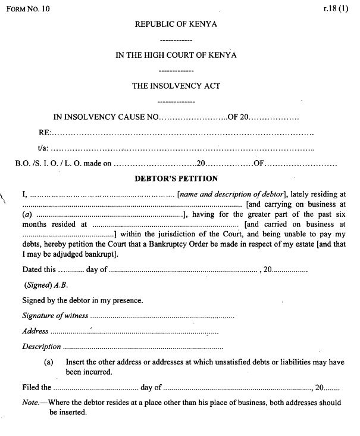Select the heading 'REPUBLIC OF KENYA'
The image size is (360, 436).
[x=176, y=24]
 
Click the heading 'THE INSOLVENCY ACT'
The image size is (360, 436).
[x=176, y=86]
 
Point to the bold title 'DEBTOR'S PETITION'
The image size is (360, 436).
[x=176, y=178]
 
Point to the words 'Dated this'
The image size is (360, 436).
[x=39, y=270]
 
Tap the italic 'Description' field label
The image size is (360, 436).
[x=42, y=346]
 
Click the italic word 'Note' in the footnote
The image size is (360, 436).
[x=30, y=403]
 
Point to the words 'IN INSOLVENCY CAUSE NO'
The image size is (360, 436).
[x=105, y=117]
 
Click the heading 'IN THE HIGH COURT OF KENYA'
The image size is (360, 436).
[x=176, y=55]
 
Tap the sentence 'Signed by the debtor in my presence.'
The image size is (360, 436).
[x=82, y=300]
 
